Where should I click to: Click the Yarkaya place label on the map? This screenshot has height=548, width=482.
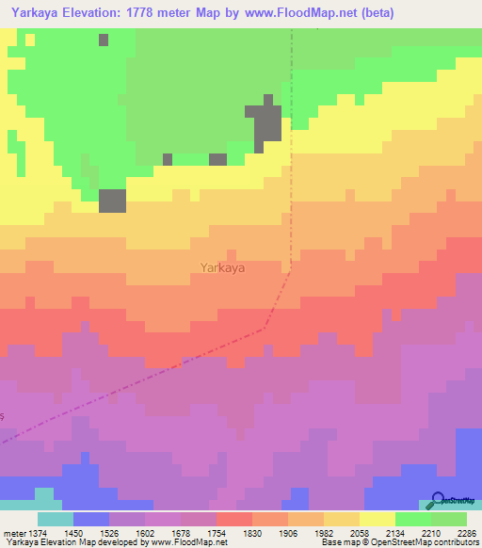pyautogui.click(x=222, y=267)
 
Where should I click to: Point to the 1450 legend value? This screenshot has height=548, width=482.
pyautogui.click(x=73, y=532)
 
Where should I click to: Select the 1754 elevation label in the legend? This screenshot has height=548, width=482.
pyautogui.click(x=217, y=532)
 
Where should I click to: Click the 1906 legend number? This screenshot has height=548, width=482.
pyautogui.click(x=288, y=532)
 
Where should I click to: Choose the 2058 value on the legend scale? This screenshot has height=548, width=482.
pyautogui.click(x=360, y=532)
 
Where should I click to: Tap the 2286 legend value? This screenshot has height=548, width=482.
pyautogui.click(x=466, y=532)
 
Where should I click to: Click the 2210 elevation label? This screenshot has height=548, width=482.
pyautogui.click(x=431, y=532)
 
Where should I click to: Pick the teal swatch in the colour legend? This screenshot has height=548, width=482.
pyautogui.click(x=55, y=519)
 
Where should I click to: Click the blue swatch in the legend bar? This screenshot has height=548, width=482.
pyautogui.click(x=90, y=519)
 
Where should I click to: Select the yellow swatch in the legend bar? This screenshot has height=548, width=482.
pyautogui.click(x=377, y=519)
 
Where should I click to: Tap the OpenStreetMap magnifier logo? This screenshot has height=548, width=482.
pyautogui.click(x=437, y=501)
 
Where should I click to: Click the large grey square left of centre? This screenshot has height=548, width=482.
pyautogui.click(x=112, y=201)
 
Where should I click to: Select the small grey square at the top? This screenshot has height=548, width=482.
pyautogui.click(x=103, y=40)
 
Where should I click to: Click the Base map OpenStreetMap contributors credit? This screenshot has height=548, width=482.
pyautogui.click(x=399, y=542)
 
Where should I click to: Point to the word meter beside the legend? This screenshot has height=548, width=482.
pyautogui.click(x=14, y=532)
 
